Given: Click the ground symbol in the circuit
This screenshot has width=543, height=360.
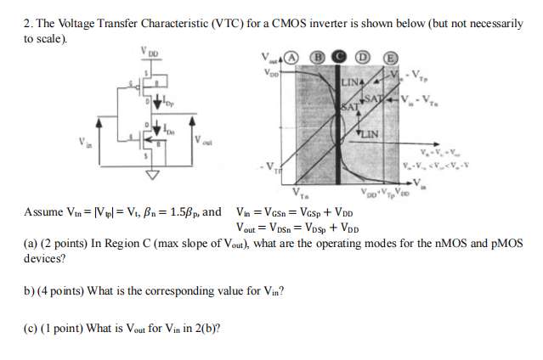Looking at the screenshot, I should click(152, 176).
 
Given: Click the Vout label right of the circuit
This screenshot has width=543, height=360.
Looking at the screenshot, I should click(204, 140).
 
